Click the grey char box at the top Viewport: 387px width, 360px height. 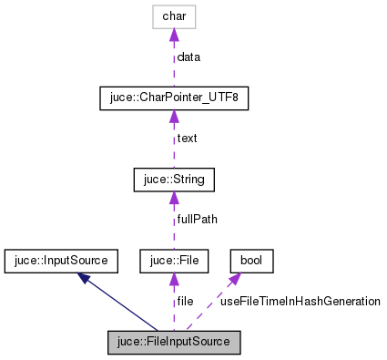[x=173, y=16]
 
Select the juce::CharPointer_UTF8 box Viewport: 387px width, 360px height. [x=173, y=98]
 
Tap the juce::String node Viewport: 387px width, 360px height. [x=173, y=180]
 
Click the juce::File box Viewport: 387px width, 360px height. [x=173, y=262]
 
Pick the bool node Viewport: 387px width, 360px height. [x=250, y=262]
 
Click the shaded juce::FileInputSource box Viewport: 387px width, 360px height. [x=173, y=343]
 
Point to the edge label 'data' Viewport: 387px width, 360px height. [x=189, y=57]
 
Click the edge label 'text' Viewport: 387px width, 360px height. [x=188, y=139]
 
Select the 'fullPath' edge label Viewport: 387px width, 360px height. [x=198, y=220]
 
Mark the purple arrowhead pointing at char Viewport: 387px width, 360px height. [x=173, y=35]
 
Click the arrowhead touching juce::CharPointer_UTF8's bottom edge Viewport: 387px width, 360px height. [x=173, y=116]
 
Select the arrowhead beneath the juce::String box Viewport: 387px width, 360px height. [x=173, y=198]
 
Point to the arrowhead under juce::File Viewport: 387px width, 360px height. [x=173, y=280]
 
